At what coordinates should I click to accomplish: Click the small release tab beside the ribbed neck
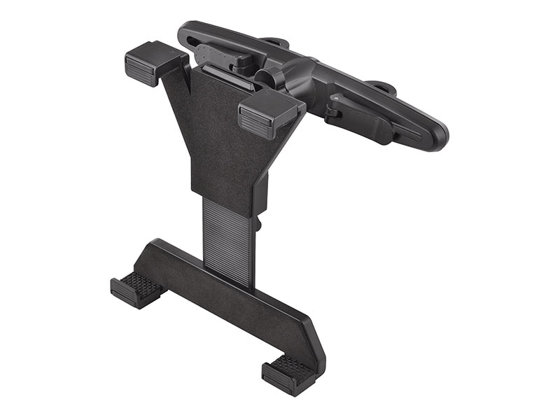258,224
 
